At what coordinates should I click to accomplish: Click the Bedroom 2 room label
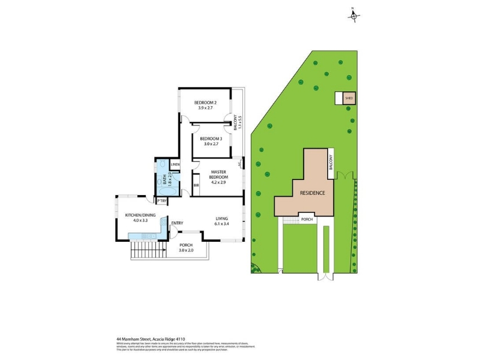click(x=205, y=103)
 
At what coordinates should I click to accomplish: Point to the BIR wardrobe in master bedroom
click(x=196, y=185)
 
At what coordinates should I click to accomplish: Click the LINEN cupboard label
click(x=175, y=164)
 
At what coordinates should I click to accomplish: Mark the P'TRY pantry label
click(x=161, y=200)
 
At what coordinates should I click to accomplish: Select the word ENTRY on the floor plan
click(x=177, y=223)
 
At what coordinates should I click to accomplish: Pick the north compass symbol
click(x=353, y=16)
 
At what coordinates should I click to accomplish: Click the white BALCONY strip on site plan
click(x=329, y=163)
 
